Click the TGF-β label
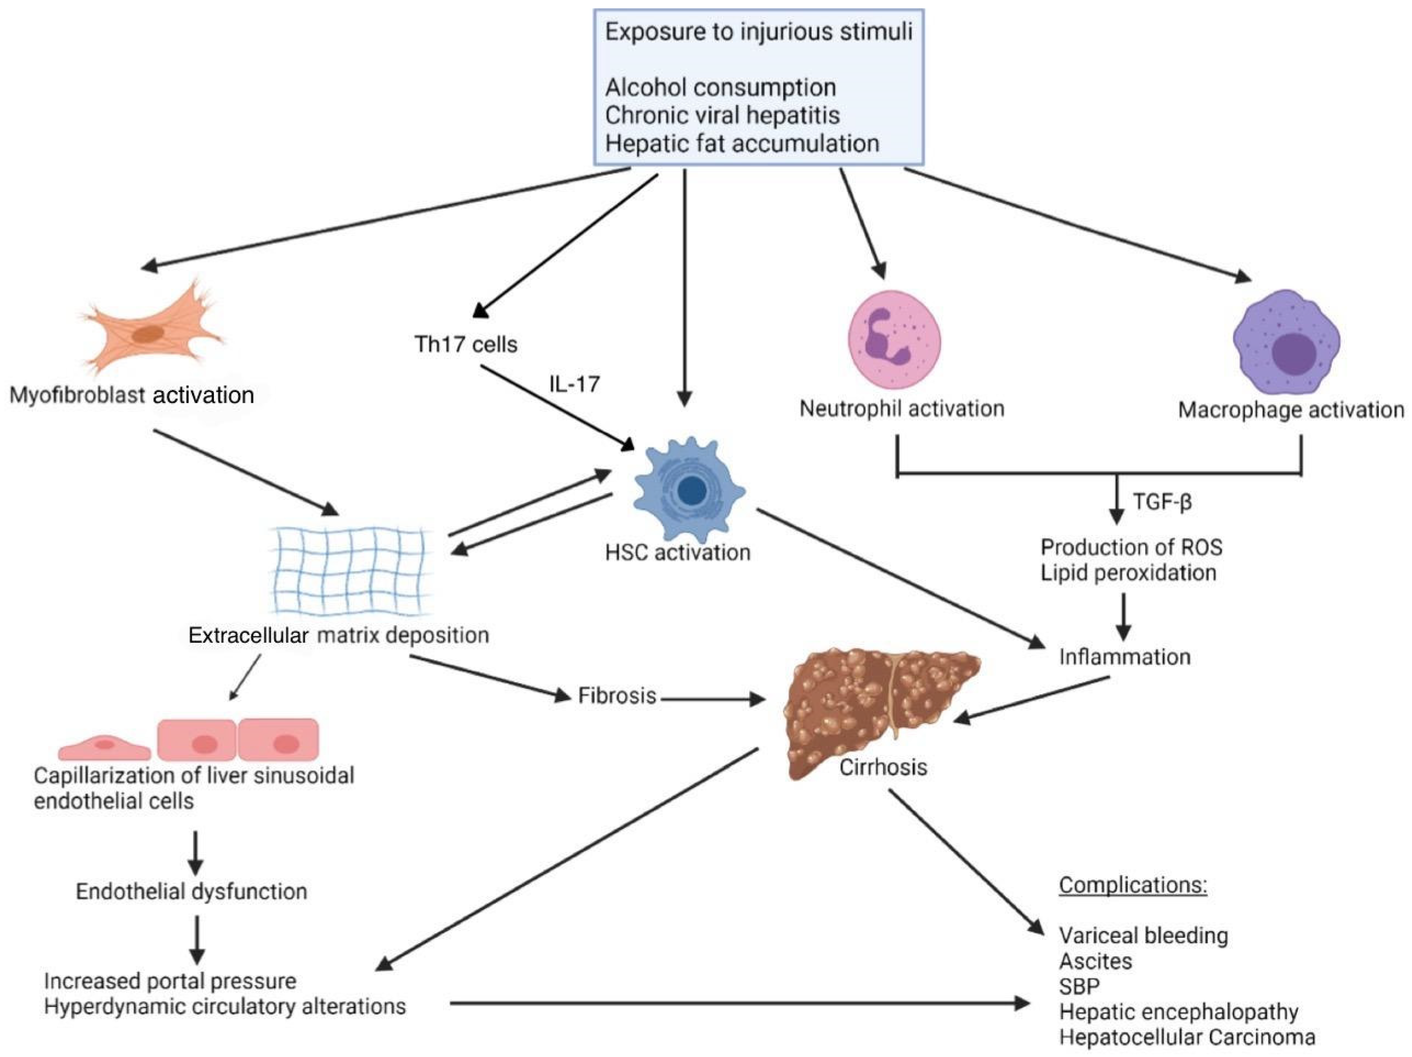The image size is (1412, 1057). point(1162,502)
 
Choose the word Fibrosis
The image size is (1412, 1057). point(616,696)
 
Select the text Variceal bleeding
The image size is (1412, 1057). point(1143,936)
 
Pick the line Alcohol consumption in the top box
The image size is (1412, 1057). point(720,87)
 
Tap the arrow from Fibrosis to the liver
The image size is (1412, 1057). point(712,700)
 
